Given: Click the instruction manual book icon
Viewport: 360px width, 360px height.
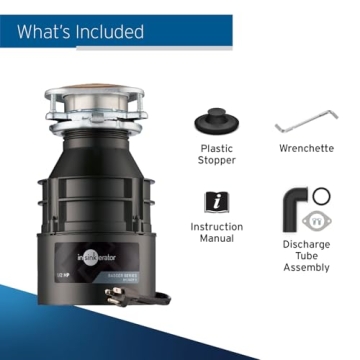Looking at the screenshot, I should pyautogui.click(x=216, y=200).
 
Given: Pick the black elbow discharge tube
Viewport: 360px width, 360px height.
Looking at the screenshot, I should pyautogui.click(x=296, y=205).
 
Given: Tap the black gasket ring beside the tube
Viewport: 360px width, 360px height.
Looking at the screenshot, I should pyautogui.click(x=321, y=195).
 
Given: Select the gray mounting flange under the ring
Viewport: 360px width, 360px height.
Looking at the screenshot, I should pyautogui.click(x=321, y=220).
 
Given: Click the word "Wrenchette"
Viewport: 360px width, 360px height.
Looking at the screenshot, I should pyautogui.click(x=306, y=149).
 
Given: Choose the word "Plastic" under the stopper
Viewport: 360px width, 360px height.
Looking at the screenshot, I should pyautogui.click(x=216, y=149).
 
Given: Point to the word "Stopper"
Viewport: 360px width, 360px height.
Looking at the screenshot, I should pyautogui.click(x=216, y=162).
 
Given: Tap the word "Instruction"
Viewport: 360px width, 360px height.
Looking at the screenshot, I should pyautogui.click(x=216, y=228).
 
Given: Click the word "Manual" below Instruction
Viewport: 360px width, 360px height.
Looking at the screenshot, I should pyautogui.click(x=216, y=241).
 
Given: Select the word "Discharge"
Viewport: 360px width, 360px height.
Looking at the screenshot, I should pyautogui.click(x=306, y=244).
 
